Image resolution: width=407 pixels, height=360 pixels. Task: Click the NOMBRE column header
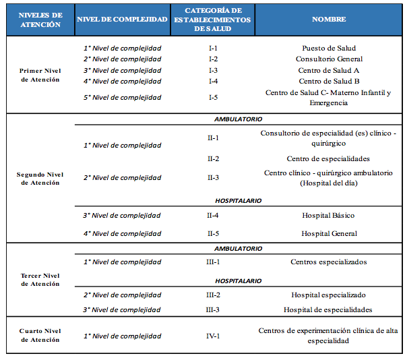click(x=329, y=20)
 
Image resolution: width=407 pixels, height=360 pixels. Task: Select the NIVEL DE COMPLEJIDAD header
click(x=122, y=20)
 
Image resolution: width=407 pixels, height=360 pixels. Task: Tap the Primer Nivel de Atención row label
click(x=40, y=75)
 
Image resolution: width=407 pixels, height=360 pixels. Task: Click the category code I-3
click(x=213, y=70)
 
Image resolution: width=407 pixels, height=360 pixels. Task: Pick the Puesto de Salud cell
click(x=329, y=48)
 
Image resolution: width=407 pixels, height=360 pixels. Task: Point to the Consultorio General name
click(x=329, y=59)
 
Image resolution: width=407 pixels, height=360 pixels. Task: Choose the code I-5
click(x=213, y=97)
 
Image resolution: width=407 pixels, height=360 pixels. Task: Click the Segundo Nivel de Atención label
click(x=40, y=179)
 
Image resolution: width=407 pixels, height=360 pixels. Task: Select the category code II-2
click(x=213, y=158)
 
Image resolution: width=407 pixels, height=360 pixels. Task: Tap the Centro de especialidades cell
click(x=328, y=158)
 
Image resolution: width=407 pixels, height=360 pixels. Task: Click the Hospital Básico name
click(x=328, y=215)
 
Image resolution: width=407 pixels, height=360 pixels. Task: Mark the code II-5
click(x=213, y=233)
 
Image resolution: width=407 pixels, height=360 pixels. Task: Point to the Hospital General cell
click(x=329, y=233)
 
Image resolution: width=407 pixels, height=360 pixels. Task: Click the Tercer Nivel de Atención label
click(x=40, y=280)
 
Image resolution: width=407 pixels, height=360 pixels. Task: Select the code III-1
click(x=213, y=262)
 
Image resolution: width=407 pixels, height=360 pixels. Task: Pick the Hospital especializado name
click(x=328, y=295)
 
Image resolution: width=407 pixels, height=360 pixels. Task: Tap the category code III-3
click(x=213, y=309)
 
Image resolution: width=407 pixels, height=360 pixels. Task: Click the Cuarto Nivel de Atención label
click(x=40, y=335)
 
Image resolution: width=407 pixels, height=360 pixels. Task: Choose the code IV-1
click(x=213, y=336)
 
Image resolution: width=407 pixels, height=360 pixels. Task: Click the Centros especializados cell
click(x=329, y=262)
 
